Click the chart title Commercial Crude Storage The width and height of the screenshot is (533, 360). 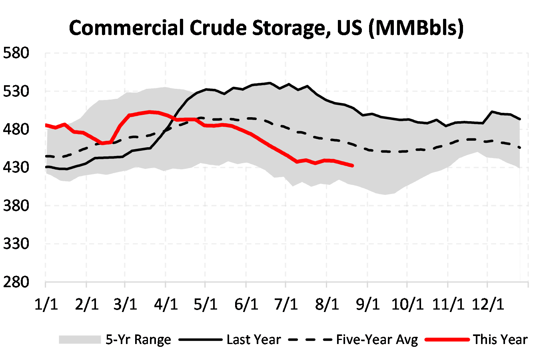click(266, 28)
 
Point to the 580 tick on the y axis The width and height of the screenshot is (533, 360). click(16, 53)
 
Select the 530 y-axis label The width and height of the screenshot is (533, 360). click(16, 91)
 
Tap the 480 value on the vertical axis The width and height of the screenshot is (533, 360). click(16, 129)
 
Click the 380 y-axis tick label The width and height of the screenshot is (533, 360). click(16, 206)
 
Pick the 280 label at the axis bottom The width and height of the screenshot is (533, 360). click(16, 282)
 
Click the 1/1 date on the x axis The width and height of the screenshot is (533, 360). click(46, 304)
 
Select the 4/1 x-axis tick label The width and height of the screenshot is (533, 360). click(166, 304)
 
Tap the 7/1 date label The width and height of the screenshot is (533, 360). click(286, 304)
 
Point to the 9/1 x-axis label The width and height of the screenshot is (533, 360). click(367, 304)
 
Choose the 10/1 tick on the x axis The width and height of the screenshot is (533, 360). click(407, 304)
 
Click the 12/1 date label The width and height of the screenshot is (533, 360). click(487, 304)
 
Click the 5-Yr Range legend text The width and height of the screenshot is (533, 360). click(138, 340)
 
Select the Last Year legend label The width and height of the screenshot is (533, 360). click(254, 340)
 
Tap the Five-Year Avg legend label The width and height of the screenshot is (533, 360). click(377, 340)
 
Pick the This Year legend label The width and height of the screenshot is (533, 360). click(500, 340)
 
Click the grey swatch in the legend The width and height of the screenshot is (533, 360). click(80, 340)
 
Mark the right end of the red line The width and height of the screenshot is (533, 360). click(352, 166)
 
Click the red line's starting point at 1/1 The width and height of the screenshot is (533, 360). click(47, 125)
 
